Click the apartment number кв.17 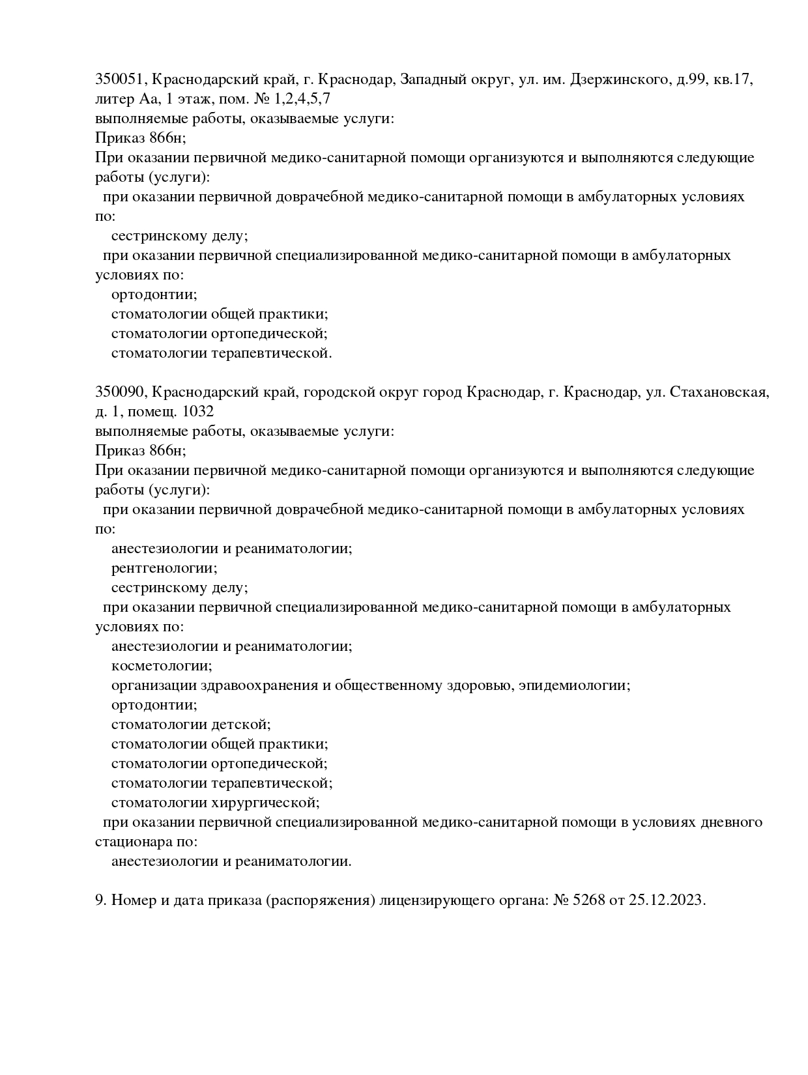point(734,79)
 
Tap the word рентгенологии point(164,568)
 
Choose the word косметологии point(162,666)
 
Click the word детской point(246,724)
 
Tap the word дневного point(732,822)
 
